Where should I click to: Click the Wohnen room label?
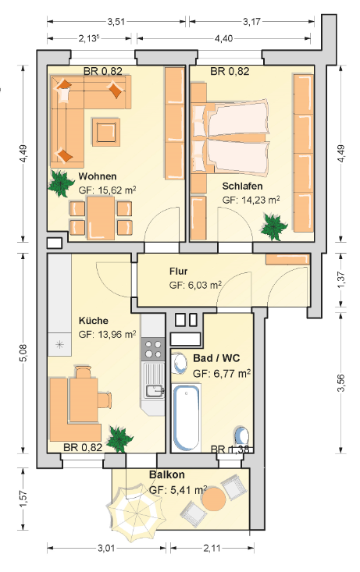point(98,176)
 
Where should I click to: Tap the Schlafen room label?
point(242,186)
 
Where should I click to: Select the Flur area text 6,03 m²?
point(195,285)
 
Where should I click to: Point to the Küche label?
point(94,321)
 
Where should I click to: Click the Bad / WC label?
point(216,358)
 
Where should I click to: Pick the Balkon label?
point(167,474)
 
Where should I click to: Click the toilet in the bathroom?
point(241,436)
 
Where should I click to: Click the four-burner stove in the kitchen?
point(153,349)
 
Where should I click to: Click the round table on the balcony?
point(214,499)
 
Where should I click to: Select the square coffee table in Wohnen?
point(106,132)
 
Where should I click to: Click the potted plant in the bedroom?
point(274,227)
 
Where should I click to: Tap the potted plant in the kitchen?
point(119,438)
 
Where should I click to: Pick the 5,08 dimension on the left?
point(23,353)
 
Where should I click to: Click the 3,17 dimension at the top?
point(252,22)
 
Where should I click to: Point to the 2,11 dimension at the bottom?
point(212,548)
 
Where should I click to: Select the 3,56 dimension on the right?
point(340,382)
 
